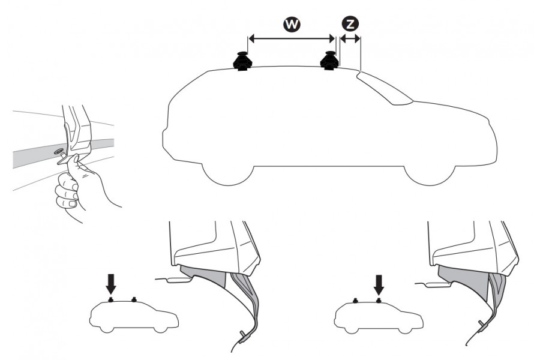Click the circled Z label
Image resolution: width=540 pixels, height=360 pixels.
[350, 24]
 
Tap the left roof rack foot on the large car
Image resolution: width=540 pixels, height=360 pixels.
[243, 61]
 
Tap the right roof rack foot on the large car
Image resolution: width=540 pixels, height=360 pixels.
[330, 61]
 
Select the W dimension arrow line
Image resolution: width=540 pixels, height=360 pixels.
[292, 38]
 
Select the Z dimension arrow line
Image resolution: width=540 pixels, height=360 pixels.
[350, 38]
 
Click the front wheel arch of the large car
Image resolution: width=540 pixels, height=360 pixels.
[427, 172]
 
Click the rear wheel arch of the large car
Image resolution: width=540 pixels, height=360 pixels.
[227, 172]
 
